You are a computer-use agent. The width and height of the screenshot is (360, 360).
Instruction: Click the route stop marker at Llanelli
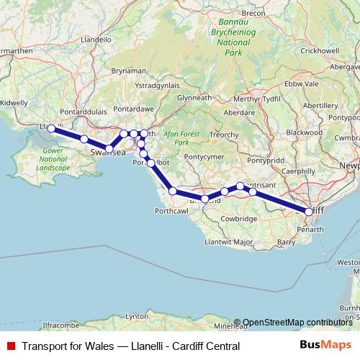[51, 128]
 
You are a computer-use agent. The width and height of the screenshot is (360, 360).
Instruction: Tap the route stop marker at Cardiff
[309, 212]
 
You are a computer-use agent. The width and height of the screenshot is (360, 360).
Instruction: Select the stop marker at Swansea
[109, 149]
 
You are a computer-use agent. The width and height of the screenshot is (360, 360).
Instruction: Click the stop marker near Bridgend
[205, 199]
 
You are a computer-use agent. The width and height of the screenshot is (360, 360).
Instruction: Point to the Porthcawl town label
[171, 211]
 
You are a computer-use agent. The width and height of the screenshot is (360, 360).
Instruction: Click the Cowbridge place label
[240, 218]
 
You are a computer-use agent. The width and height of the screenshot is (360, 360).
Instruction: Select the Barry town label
[286, 243]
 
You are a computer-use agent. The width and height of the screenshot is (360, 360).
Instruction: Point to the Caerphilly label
[299, 171]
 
